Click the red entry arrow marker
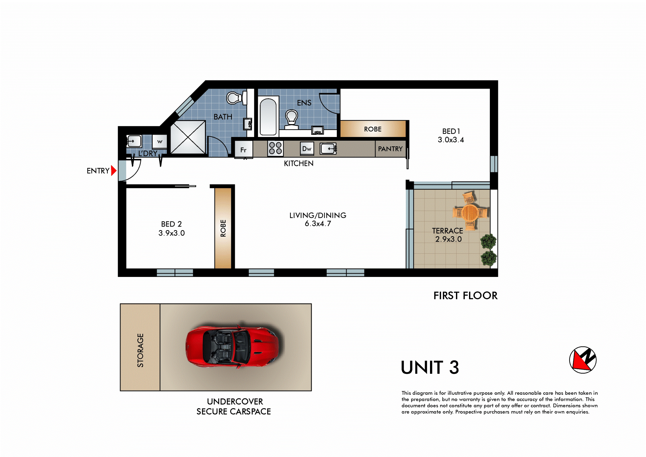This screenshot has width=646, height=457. [114, 171]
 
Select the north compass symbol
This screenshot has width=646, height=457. [583, 360]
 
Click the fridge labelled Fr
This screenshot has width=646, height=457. [244, 149]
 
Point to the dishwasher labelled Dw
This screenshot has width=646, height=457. [307, 148]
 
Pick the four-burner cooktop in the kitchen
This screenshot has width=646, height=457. [275, 148]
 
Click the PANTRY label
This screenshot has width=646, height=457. [390, 149]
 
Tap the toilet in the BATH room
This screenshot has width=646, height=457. [237, 98]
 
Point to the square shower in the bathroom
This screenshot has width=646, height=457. [188, 137]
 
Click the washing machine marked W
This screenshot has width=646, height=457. [159, 142]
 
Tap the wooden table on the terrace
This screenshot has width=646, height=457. [470, 212]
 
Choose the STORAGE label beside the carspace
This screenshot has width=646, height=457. [140, 350]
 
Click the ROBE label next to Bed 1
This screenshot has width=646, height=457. [373, 129]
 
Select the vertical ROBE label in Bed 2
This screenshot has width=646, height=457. [223, 228]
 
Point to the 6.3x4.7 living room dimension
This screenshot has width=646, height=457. [318, 223]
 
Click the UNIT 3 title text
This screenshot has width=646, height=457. [430, 367]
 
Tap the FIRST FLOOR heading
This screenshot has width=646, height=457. [465, 295]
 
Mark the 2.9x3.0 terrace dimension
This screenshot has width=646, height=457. [448, 239]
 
